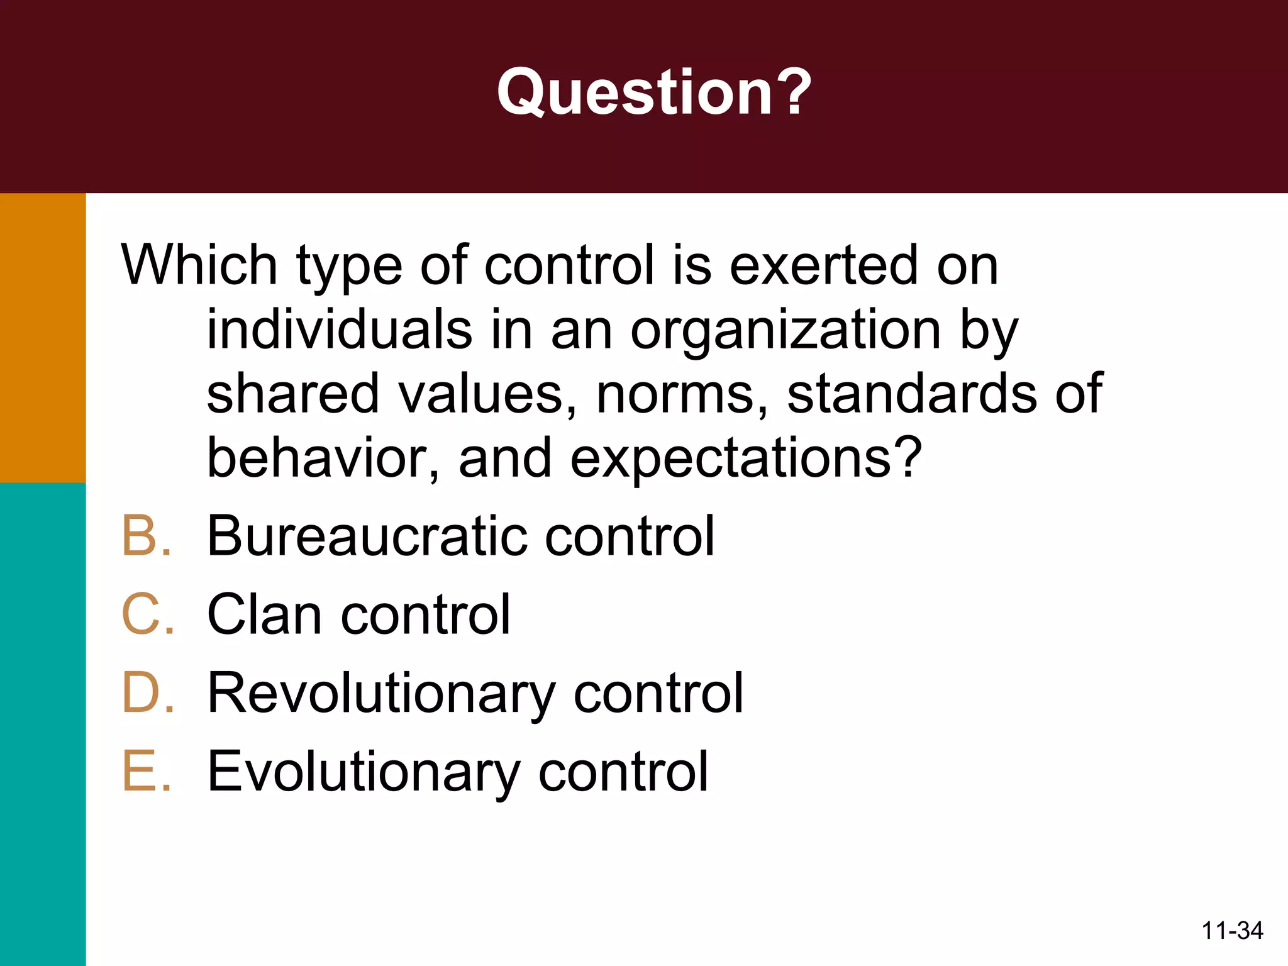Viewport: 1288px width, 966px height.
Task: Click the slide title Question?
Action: click(654, 92)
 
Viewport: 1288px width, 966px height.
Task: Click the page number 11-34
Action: click(1232, 930)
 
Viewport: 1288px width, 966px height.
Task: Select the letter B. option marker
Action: click(147, 536)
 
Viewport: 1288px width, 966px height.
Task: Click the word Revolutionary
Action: click(381, 694)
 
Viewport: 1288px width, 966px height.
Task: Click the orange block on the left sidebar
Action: click(43, 338)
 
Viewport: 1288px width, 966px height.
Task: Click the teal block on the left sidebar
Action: click(43, 723)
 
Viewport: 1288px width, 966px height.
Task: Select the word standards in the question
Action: click(912, 394)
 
